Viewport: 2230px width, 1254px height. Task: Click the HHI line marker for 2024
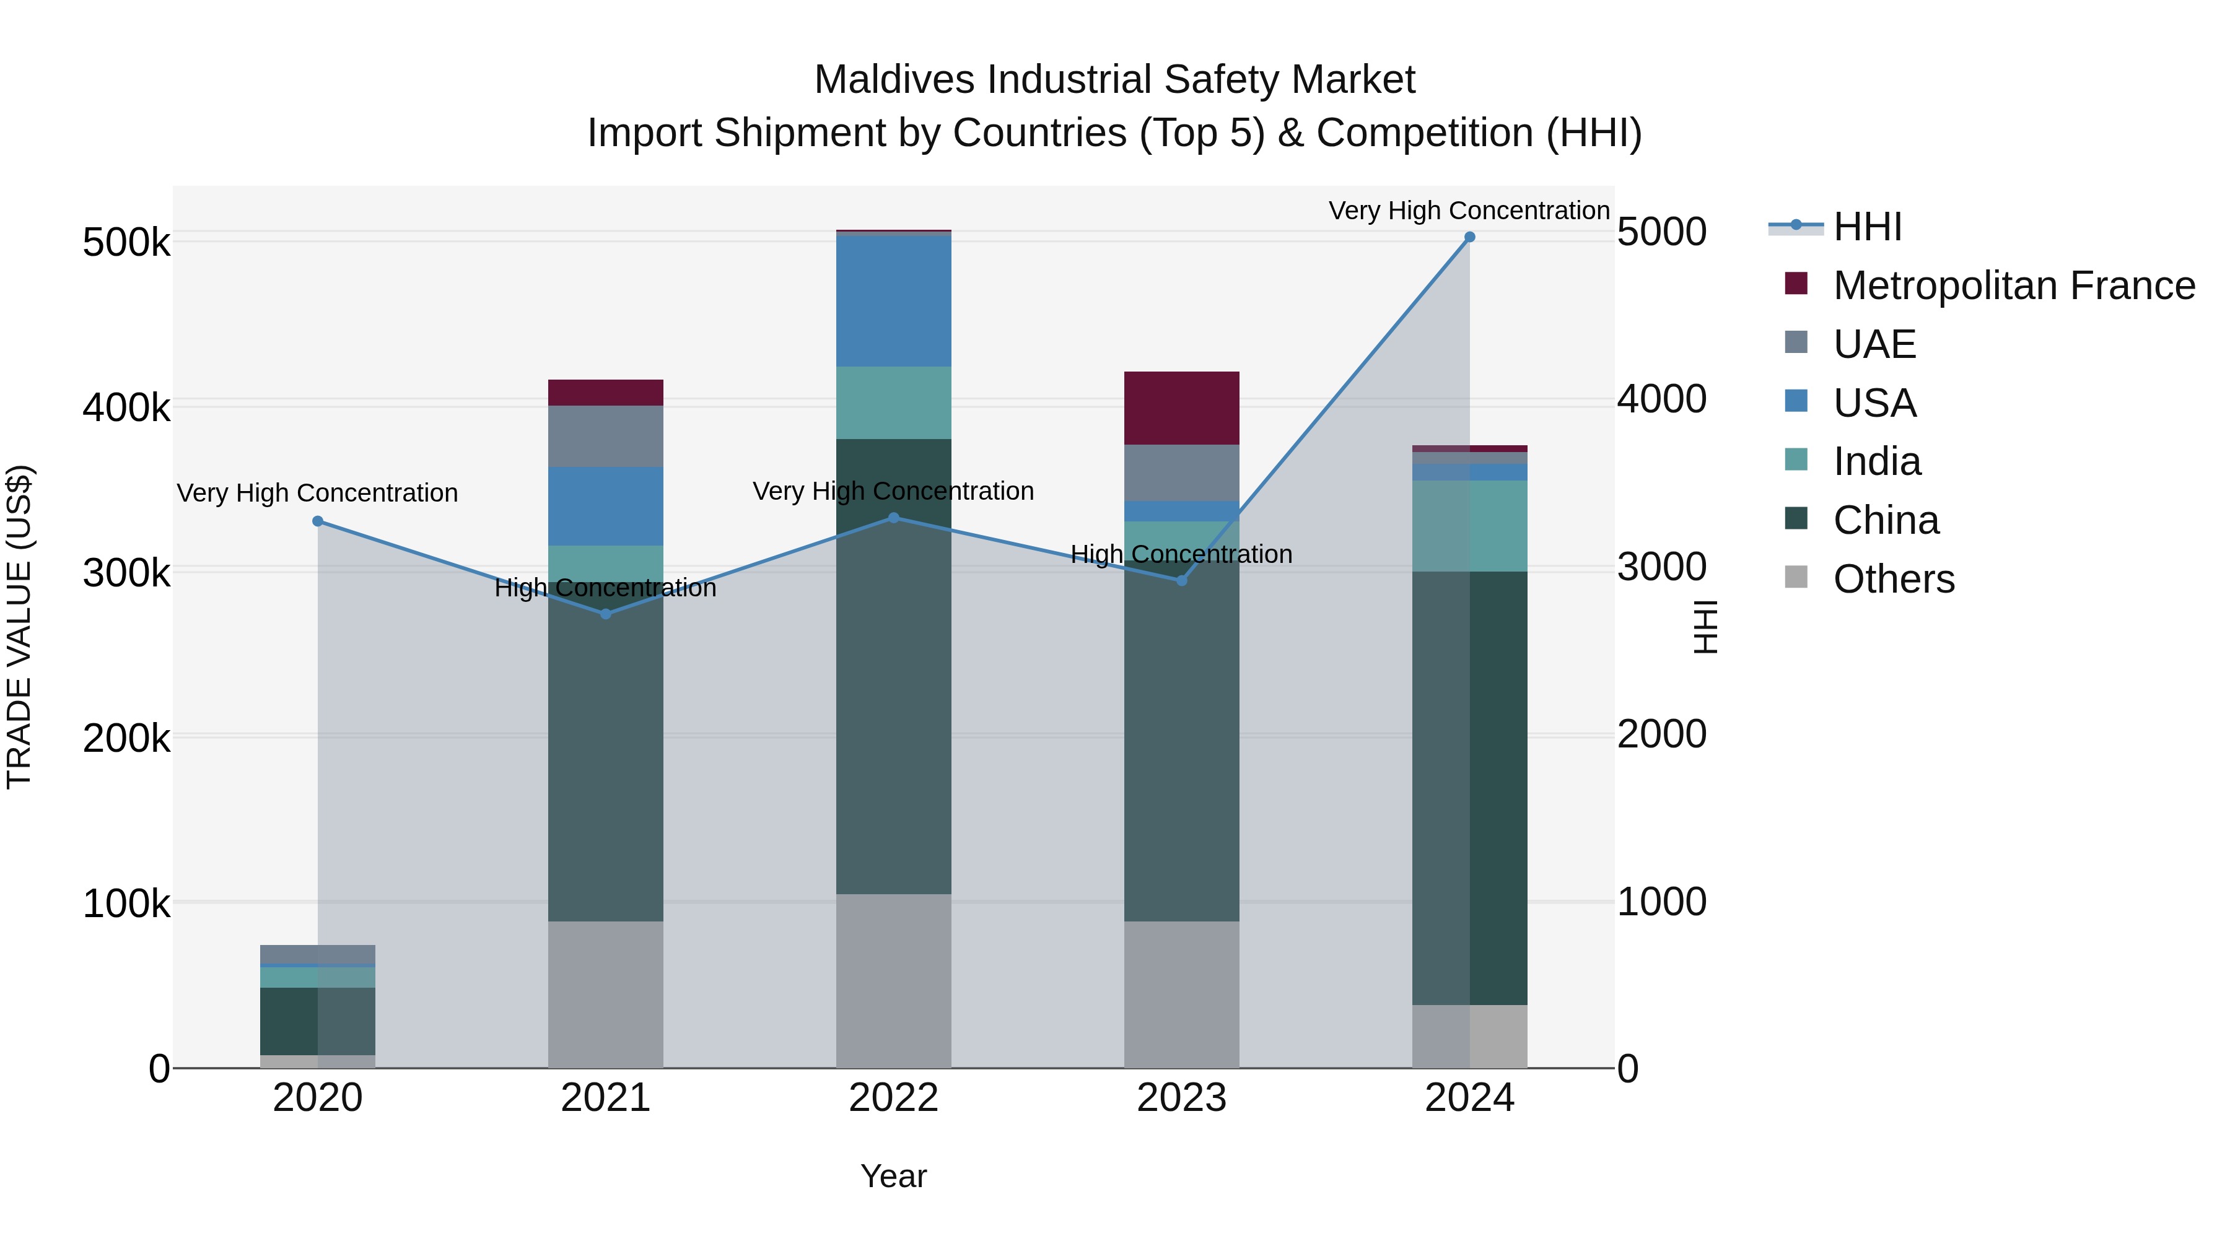click(1469, 237)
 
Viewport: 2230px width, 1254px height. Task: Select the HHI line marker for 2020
click(318, 521)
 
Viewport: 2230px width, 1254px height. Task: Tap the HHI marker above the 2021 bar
click(606, 614)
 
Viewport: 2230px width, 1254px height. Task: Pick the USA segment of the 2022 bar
click(893, 300)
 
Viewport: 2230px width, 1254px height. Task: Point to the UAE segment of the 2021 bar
click(606, 436)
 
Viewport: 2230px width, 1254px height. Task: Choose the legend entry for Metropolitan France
click(2014, 285)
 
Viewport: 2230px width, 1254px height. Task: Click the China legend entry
click(1886, 520)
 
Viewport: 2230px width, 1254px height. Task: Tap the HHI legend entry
click(1867, 227)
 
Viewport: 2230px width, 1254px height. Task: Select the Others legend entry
click(1893, 579)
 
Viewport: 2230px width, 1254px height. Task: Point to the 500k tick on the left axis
click(126, 242)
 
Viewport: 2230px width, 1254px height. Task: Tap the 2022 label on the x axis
click(893, 1098)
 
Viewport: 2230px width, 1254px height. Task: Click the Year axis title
click(893, 1176)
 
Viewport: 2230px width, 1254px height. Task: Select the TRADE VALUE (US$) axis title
click(19, 627)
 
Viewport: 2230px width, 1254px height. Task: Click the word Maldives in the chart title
click(894, 80)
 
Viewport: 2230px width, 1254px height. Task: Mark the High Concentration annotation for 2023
click(1182, 554)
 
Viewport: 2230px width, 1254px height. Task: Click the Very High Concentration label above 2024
click(1469, 211)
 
